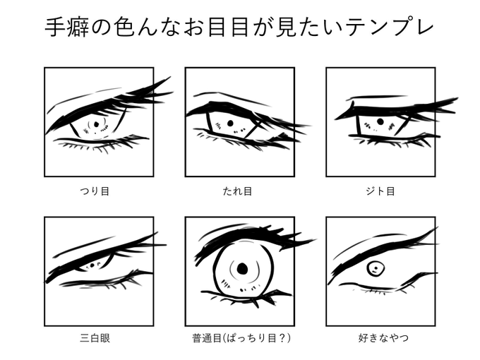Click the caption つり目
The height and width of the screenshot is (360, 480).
[x=99, y=191]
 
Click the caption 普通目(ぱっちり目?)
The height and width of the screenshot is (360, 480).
[x=240, y=338]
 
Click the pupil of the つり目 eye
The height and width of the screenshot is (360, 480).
[x=96, y=126]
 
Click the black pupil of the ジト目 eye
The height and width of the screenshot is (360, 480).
[x=380, y=121]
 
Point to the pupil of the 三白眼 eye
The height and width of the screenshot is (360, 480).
[x=94, y=265]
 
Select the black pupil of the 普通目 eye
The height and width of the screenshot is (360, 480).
[x=242, y=268]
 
